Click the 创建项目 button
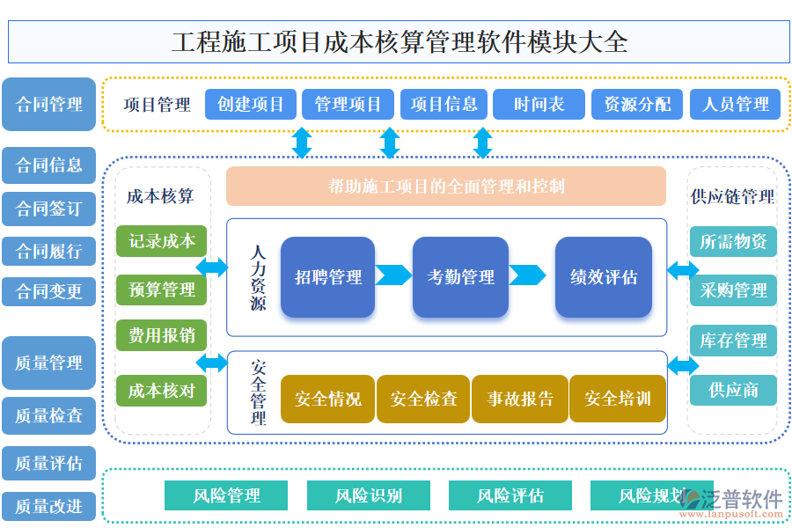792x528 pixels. coord(250,105)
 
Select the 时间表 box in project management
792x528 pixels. coord(539,105)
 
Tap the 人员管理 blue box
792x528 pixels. coord(736,105)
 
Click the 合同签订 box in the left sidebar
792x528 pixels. coord(48,209)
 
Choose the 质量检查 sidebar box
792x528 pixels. coord(48,415)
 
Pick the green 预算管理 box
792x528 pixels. coord(161,290)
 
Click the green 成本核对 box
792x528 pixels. coord(161,391)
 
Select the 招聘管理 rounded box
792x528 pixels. coord(327,277)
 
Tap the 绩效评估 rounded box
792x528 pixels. coord(603,277)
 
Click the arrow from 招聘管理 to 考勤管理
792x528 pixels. coord(393,275)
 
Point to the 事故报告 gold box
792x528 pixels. coord(520,400)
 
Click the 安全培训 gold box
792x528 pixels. coord(617,400)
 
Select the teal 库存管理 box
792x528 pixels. coord(733,341)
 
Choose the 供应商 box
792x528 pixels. coord(733,390)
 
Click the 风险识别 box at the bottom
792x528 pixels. coord(368,495)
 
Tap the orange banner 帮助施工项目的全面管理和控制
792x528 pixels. coord(446,186)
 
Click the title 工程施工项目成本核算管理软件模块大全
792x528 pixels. coord(399,42)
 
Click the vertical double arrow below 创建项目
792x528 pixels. coord(302,143)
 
